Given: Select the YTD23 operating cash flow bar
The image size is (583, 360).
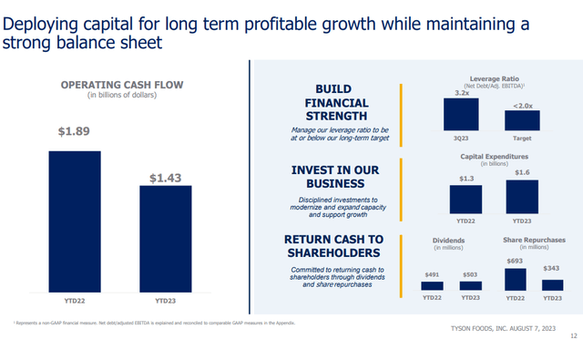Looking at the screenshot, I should tap(166, 238).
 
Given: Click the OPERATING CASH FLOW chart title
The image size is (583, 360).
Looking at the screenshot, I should tap(121, 85).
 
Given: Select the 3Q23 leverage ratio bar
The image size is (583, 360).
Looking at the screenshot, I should tap(461, 115).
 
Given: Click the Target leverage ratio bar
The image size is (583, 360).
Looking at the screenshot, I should tap(522, 119).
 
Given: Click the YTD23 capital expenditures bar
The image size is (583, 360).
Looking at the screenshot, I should tap(522, 196).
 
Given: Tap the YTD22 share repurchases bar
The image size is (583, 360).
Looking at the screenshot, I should tap(515, 279).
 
